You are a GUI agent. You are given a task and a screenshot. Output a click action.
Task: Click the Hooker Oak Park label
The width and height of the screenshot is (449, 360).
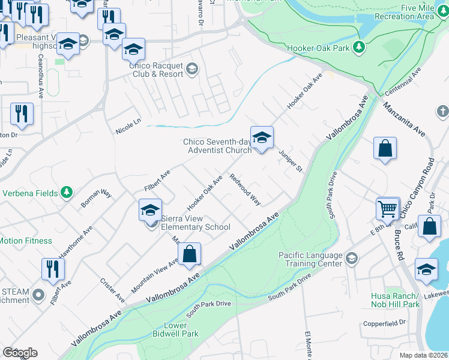point(318,47)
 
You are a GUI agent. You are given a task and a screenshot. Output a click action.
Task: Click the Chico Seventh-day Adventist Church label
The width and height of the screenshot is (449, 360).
point(217,146)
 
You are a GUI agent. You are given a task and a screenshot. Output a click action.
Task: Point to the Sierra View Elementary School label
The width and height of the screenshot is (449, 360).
point(195,223)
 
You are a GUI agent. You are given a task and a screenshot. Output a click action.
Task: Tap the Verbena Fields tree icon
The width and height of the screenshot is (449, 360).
point(68,193)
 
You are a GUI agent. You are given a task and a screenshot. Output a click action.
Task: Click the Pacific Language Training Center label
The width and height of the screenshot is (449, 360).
point(310,259)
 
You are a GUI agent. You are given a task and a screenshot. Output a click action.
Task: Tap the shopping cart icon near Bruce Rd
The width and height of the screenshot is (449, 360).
point(388,209)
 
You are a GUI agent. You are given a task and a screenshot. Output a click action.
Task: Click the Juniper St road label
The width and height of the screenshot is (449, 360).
point(290,160)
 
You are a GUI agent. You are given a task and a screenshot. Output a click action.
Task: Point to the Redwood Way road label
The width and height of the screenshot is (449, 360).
point(246,190)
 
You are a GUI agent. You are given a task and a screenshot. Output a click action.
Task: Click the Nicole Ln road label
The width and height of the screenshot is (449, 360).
point(128,125)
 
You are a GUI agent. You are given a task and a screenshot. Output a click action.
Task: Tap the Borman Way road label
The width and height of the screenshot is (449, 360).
point(97,199)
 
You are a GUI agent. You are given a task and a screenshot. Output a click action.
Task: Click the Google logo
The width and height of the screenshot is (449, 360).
point(20,353)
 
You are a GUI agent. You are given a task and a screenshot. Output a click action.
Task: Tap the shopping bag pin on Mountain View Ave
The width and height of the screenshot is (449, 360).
point(189,254)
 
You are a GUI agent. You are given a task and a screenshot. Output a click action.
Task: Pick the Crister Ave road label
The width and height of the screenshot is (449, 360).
point(112,290)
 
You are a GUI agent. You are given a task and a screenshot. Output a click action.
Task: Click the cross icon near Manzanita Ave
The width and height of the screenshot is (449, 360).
point(442,111)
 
